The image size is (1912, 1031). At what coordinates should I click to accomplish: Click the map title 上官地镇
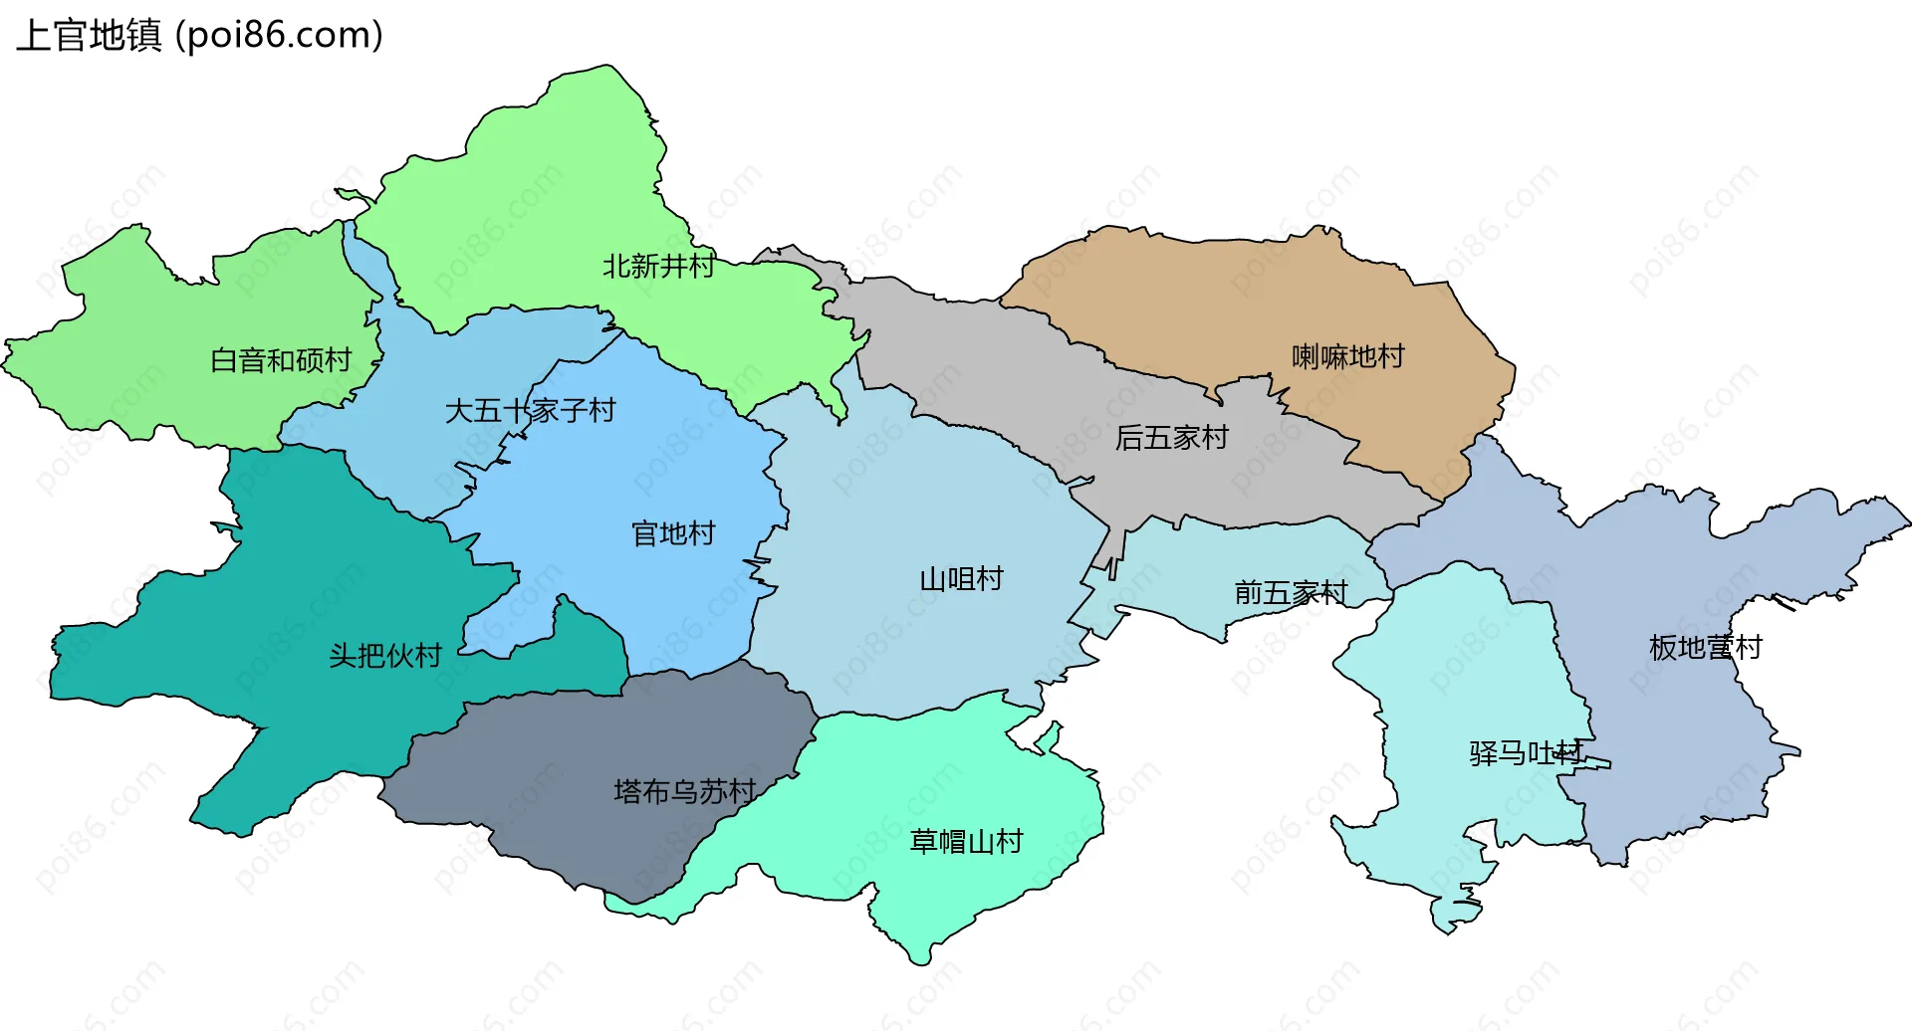coord(89,36)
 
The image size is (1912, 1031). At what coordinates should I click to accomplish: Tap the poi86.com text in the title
coord(279,36)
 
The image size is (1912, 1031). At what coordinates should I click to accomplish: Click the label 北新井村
coord(658,266)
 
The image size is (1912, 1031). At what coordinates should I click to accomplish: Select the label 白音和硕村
coord(281,359)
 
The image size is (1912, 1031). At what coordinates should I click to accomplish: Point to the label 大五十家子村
coord(530,410)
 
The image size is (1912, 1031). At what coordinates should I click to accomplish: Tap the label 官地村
coord(673,533)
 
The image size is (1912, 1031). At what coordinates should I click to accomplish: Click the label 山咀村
coord(961,578)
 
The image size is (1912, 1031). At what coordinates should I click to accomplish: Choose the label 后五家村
coord(1171,437)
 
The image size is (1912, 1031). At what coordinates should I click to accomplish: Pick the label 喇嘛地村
coord(1347,355)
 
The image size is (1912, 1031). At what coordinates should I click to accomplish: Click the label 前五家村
coord(1291,593)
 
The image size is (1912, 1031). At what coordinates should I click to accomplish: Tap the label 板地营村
coord(1705,647)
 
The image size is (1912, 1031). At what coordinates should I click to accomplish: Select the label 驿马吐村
coord(1525,752)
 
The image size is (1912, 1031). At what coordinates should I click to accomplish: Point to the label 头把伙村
coord(385,655)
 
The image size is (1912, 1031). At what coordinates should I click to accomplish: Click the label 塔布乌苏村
coord(684,791)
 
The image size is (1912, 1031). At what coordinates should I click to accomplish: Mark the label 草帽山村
coord(966,841)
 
